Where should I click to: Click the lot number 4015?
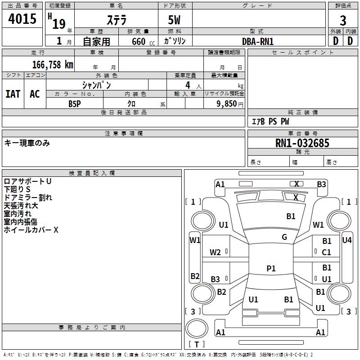pyautogui.click(x=22, y=19)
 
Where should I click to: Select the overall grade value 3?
pyautogui.click(x=343, y=21)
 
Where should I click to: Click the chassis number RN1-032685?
pyautogui.click(x=302, y=143)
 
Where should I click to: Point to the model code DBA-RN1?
pyautogui.click(x=258, y=41)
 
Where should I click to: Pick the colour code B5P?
pyautogui.click(x=75, y=103)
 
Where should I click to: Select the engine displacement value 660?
pyautogui.click(x=138, y=42)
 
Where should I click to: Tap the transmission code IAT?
pyautogui.click(x=13, y=94)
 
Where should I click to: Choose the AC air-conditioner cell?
pyautogui.click(x=35, y=94)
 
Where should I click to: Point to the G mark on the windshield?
pyautogui.click(x=284, y=237)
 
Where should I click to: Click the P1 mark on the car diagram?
pyautogui.click(x=271, y=268)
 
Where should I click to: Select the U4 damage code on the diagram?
pyautogui.click(x=347, y=240)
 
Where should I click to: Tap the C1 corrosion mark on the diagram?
pyautogui.click(x=327, y=252)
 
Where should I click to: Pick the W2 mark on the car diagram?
pyautogui.click(x=215, y=252)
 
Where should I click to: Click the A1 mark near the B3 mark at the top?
pyautogui.click(x=220, y=184)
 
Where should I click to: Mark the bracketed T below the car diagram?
pyautogui.click(x=197, y=344)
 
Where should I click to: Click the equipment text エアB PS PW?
pyautogui.click(x=270, y=121)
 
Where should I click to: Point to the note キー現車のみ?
pyautogui.click(x=27, y=143)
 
